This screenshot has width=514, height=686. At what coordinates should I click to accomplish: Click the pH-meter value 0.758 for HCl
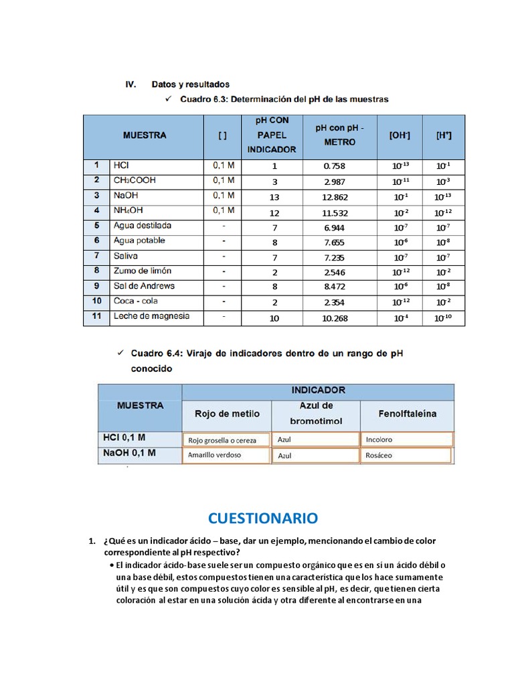click(335, 166)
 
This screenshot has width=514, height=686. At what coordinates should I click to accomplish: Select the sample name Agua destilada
click(143, 226)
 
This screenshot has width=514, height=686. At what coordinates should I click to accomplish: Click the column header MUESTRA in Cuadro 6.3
click(145, 135)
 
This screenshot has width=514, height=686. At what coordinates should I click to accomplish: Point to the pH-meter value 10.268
click(335, 318)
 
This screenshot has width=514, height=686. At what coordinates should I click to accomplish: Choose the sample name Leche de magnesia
click(151, 316)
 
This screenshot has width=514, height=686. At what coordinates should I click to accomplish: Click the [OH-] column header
click(400, 135)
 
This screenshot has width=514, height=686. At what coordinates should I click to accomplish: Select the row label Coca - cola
click(136, 301)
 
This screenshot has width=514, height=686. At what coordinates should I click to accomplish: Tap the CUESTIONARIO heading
click(263, 518)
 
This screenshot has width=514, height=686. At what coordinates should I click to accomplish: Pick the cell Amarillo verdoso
click(215, 455)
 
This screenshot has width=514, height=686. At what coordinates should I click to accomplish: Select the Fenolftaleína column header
click(407, 414)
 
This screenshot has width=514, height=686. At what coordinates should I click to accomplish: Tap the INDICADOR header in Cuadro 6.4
click(318, 390)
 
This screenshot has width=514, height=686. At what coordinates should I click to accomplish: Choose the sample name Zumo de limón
click(143, 271)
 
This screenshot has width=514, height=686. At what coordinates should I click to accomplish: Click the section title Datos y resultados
click(191, 84)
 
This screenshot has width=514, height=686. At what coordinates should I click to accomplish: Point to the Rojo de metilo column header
click(227, 414)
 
